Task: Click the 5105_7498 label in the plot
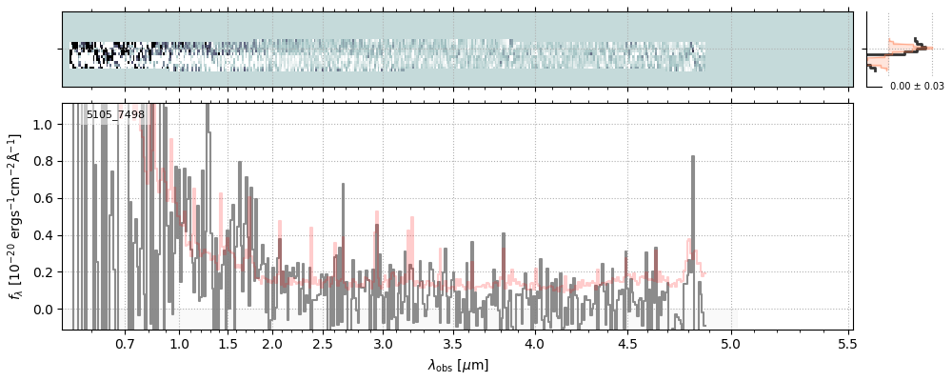click(115, 113)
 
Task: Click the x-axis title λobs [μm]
click(458, 365)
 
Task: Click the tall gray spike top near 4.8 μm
click(693, 157)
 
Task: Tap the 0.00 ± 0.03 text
click(917, 87)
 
